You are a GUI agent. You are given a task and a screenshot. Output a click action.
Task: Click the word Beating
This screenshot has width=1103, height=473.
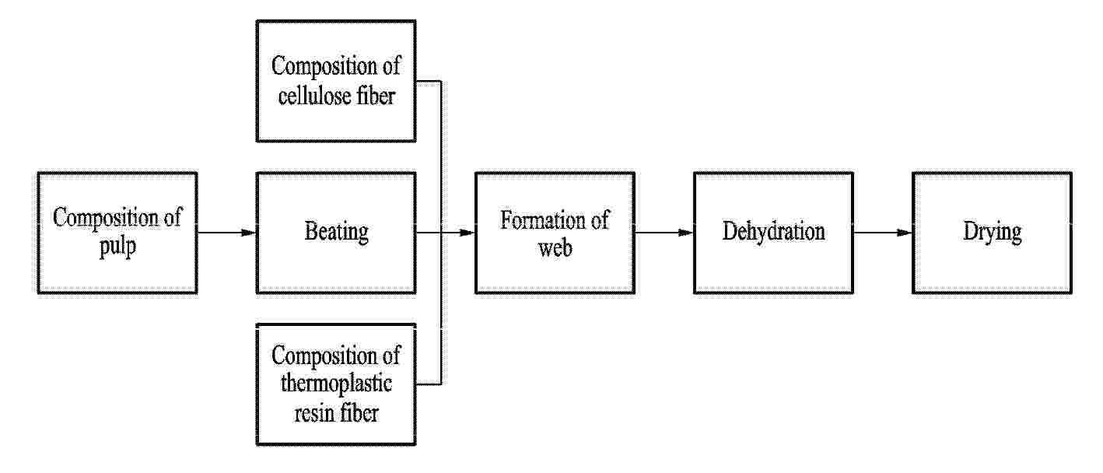pos(336,232)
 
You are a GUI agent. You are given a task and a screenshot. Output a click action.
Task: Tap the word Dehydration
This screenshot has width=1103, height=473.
pos(773,231)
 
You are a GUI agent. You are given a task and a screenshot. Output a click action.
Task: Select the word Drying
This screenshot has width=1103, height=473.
pos(993,232)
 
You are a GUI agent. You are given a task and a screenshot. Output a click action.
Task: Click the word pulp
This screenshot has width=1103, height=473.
pos(117,247)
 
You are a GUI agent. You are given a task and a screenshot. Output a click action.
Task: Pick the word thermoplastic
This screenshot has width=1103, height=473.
pos(336,384)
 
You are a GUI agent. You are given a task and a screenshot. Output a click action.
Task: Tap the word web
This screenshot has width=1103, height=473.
pos(555,248)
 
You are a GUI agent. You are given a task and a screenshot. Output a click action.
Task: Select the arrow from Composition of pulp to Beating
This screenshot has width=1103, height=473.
pos(226,233)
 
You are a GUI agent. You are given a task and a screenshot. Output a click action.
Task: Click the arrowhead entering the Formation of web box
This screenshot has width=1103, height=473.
pos(466,233)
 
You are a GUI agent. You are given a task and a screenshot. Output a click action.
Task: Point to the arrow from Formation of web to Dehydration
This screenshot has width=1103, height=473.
pos(664,233)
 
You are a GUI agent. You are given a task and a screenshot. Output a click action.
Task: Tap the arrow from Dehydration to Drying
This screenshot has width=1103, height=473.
pos(883,233)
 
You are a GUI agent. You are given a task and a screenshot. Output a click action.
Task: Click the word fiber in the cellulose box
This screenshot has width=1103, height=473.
pos(376,95)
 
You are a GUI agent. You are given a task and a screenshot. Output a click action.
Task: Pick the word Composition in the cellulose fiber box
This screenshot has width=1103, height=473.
pos(324,67)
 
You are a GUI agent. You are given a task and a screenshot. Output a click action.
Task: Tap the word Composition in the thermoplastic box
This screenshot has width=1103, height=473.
pos(324,356)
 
